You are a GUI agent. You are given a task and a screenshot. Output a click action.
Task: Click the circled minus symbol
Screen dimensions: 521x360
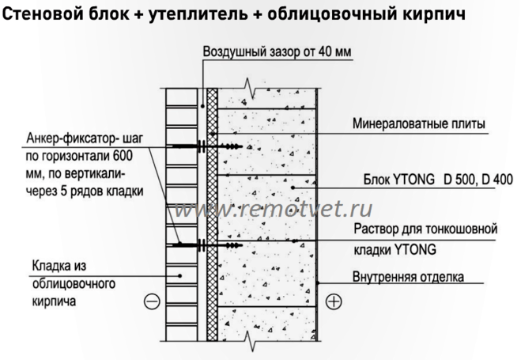(x=152, y=301)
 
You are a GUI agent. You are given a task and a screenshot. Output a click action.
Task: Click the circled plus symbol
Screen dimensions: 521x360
(x=334, y=301)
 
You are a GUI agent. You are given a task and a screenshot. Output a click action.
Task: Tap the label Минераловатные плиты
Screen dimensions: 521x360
(x=419, y=123)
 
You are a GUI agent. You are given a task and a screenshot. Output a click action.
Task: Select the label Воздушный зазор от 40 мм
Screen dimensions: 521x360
(x=277, y=52)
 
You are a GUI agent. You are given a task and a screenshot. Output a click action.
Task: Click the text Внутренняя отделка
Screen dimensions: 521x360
(x=408, y=277)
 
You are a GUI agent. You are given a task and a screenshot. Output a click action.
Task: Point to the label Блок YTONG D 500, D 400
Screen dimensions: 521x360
(x=438, y=180)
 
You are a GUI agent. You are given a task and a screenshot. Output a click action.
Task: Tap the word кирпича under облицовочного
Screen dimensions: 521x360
(x=55, y=301)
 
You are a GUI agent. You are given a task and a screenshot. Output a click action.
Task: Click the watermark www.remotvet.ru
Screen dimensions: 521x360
(x=273, y=210)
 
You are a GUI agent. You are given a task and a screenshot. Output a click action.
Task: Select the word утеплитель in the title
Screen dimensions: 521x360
(x=198, y=14)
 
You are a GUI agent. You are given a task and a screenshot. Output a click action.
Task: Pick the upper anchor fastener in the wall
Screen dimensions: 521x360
(x=207, y=146)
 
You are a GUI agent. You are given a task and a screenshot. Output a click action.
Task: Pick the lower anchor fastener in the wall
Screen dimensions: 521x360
(x=207, y=245)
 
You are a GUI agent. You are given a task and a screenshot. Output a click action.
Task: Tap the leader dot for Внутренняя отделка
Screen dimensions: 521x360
(x=317, y=283)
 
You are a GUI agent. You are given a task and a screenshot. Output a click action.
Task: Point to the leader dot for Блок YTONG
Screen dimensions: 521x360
(x=293, y=188)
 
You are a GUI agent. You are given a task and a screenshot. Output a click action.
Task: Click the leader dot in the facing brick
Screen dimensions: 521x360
(x=180, y=275)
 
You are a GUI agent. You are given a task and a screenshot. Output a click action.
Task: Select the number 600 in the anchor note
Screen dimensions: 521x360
(x=123, y=156)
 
